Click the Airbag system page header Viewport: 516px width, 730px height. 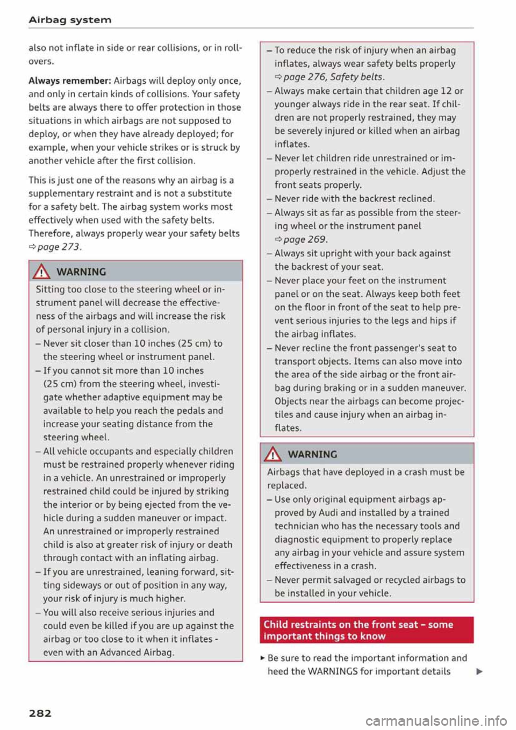(70, 20)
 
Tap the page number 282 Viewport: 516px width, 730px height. (40, 713)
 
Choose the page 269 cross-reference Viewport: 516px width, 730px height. (304, 240)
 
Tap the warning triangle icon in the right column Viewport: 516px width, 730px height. (274, 454)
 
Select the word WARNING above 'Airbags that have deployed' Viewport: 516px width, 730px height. (312, 455)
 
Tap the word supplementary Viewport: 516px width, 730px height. (59, 194)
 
